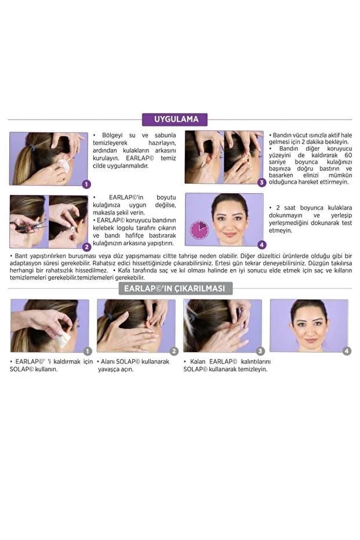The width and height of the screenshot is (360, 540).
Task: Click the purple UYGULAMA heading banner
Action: [174, 119]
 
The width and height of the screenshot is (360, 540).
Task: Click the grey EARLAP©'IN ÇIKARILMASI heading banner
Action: [176, 288]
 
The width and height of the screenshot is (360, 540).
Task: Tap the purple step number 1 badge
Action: [86, 184]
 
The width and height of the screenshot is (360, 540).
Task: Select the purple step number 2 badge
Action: [86, 247]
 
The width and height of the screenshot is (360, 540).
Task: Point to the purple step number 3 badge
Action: [261, 183]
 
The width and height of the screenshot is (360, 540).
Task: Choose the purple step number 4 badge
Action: [261, 245]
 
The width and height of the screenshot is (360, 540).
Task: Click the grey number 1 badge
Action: [88, 351]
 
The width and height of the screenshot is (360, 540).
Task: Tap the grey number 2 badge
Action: [174, 351]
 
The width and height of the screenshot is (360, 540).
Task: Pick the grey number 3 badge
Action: [260, 351]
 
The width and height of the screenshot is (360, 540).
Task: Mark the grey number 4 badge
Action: [347, 351]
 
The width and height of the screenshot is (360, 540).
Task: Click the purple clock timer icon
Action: [199, 230]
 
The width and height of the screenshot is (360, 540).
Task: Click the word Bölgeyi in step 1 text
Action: [112, 135]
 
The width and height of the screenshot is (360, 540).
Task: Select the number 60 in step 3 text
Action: [348, 155]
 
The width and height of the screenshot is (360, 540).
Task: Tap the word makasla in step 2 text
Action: [103, 213]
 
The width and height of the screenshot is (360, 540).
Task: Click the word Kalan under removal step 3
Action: [198, 361]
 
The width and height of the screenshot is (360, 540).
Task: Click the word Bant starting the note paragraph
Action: [21, 256]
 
